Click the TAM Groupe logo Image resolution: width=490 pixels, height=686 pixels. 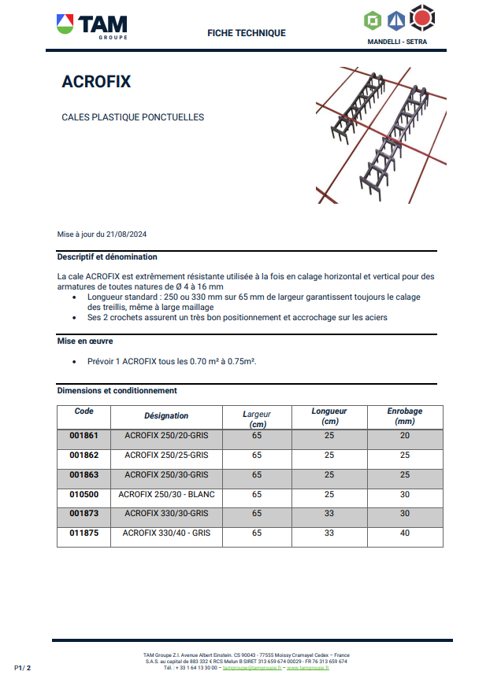92,26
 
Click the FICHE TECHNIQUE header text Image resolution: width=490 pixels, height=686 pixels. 247,33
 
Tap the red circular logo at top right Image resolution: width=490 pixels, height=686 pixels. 422,18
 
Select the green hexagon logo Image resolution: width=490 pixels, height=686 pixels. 373,20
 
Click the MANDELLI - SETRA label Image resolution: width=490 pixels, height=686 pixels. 397,42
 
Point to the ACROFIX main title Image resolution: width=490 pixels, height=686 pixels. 96,82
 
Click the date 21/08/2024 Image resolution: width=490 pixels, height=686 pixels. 126,234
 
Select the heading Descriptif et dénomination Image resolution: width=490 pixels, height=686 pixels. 107,256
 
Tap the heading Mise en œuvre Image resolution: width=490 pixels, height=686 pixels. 85,341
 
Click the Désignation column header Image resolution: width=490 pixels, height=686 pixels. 166,415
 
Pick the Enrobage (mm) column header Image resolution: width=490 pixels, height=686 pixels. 405,416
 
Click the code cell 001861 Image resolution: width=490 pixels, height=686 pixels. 84,436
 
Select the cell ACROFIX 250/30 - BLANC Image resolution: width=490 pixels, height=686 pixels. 166,494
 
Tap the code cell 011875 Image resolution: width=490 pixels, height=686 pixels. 84,533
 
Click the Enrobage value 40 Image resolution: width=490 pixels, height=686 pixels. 405,533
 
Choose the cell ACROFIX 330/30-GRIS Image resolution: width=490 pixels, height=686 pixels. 166,514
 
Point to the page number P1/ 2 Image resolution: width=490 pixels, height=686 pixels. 22,668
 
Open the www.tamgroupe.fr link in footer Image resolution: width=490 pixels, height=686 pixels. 308,668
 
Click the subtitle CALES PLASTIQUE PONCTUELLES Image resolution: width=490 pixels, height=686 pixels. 133,117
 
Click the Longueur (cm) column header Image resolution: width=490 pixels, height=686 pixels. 329,416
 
